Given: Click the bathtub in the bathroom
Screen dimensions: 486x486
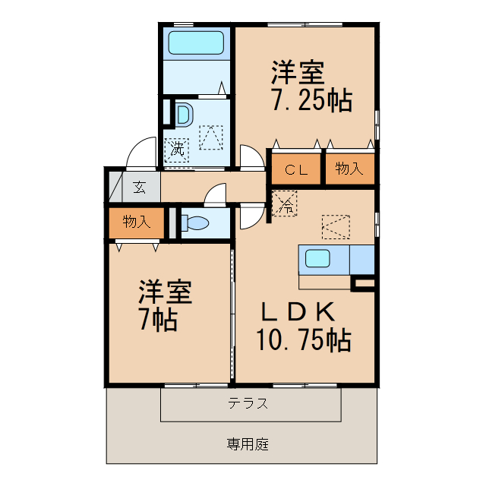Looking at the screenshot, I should pos(196,43).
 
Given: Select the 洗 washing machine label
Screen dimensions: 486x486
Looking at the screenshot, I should pos(177,148).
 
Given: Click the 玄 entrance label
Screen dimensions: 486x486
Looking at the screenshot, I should pos(140,186).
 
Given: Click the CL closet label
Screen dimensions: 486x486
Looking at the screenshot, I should pos(296,170).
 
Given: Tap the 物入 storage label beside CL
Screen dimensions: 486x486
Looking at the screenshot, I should pos(349,169).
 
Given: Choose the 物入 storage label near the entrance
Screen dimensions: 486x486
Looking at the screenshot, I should pos(136,222).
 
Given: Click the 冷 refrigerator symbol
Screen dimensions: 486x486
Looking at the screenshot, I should pos(285,204).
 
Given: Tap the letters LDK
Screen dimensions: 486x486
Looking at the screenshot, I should pos(298,311).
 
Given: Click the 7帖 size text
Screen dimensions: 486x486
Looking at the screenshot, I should pos(158,320).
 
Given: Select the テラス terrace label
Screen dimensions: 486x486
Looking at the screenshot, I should pos(248,404).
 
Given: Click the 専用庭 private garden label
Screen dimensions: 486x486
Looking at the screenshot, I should pos(247,443).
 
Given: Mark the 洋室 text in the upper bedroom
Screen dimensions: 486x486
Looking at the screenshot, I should pos(299,74).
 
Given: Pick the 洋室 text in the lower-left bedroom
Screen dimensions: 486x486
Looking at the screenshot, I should pos(165,293).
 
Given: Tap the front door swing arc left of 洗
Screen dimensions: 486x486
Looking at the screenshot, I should pos(141,154).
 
